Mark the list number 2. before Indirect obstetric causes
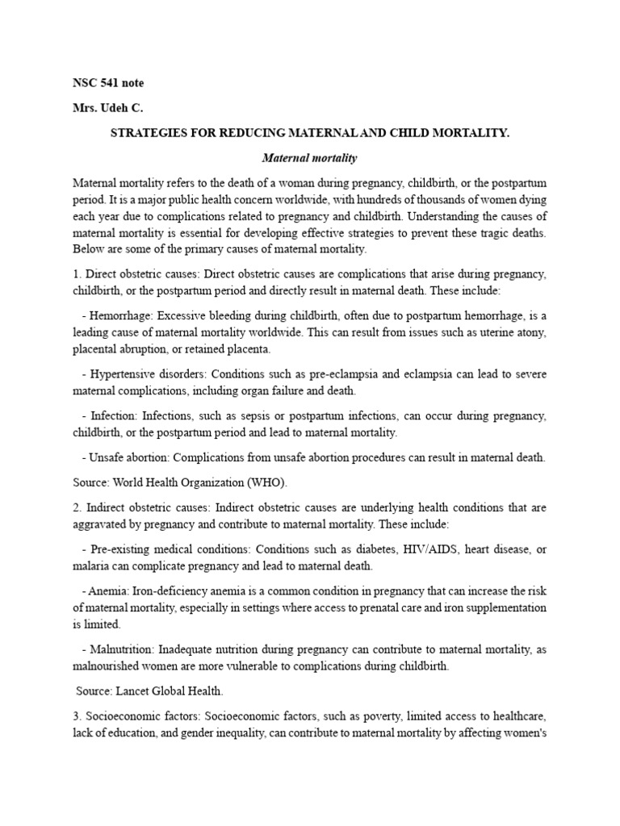click(x=77, y=507)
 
